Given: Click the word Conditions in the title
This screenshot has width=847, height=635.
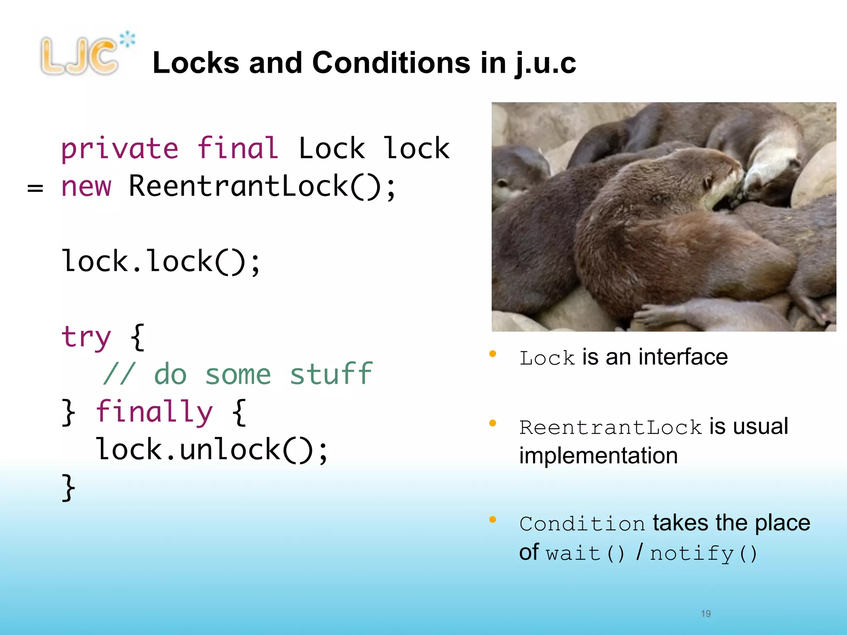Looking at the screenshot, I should point(391,63).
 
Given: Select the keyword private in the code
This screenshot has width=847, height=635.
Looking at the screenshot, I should point(120,148).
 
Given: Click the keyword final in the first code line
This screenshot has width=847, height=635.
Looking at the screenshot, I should point(237,148).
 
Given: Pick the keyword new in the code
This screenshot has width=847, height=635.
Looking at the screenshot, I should point(86,186).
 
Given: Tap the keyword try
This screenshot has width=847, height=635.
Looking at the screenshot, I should point(86,337).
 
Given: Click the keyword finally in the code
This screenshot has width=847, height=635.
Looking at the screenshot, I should point(154,412).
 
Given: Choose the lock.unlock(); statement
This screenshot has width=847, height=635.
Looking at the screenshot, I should point(212,449).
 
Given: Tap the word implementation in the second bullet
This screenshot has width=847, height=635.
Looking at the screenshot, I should point(598,456).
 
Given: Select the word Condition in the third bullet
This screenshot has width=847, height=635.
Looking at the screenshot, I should point(582,524).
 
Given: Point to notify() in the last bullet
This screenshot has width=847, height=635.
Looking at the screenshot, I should point(703,553).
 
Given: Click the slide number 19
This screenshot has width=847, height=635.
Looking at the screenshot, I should point(706,614).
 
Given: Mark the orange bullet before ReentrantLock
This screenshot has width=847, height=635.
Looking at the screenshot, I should point(493,423).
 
